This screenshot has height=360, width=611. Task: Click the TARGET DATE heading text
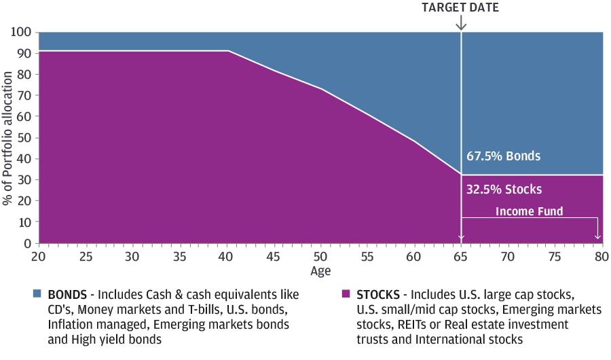[x=461, y=7]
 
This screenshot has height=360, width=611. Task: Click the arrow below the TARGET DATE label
[x=461, y=22]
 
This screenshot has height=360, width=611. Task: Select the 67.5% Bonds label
[x=503, y=156]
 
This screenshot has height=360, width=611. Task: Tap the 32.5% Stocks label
[x=504, y=190]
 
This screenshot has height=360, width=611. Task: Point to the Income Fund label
[x=529, y=211]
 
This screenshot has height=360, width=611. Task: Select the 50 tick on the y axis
[x=25, y=138]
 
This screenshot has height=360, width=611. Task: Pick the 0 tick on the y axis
[x=28, y=243]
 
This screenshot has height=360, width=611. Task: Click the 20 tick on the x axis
[x=39, y=256]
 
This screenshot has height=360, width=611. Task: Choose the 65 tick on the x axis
[x=462, y=256]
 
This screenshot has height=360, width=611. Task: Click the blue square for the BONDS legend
[x=37, y=295]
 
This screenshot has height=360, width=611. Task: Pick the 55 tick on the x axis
[x=368, y=256]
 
